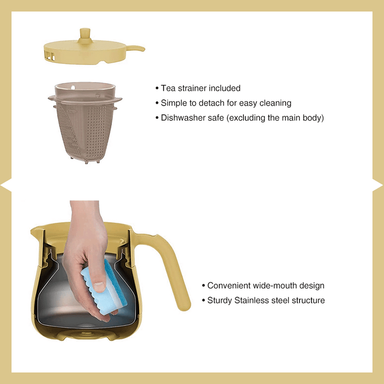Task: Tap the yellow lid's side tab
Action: pyautogui.click(x=135, y=48)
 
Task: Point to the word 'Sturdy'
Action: pyautogui.click(x=220, y=300)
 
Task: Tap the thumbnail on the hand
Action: pyautogui.click(x=98, y=286)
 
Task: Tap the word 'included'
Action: pyautogui.click(x=224, y=88)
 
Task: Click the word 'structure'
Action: pyautogui.click(x=308, y=300)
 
